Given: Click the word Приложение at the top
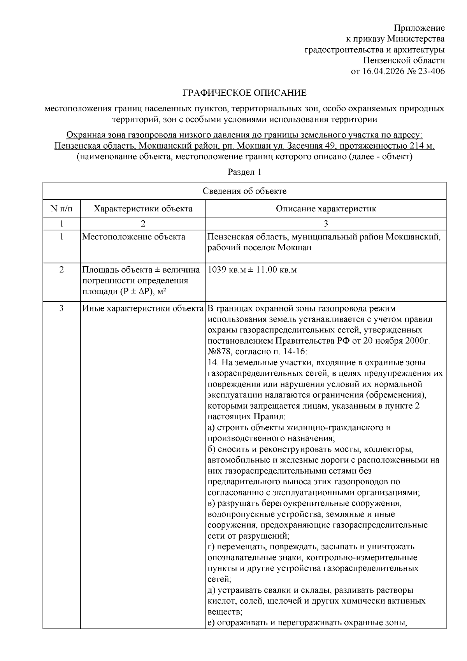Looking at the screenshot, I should click(x=419, y=28).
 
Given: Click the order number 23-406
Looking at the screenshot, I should click(x=431, y=71).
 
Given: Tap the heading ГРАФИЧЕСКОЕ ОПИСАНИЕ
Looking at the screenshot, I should click(x=244, y=93).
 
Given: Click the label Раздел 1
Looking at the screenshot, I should click(x=244, y=172).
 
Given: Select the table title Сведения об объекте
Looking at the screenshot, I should click(x=244, y=191).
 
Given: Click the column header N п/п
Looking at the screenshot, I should click(x=61, y=209).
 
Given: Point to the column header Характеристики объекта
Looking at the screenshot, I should click(x=143, y=209).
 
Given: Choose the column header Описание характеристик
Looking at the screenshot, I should click(x=326, y=209).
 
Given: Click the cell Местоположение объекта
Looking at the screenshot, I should click(x=133, y=237).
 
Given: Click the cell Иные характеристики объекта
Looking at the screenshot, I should click(x=143, y=309).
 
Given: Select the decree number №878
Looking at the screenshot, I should click(x=220, y=352).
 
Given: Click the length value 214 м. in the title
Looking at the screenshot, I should click(x=421, y=146).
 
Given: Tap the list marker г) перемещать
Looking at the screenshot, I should click(x=212, y=547).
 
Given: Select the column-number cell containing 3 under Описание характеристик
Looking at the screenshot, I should click(x=326, y=223).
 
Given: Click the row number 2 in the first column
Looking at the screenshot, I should click(x=61, y=270).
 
